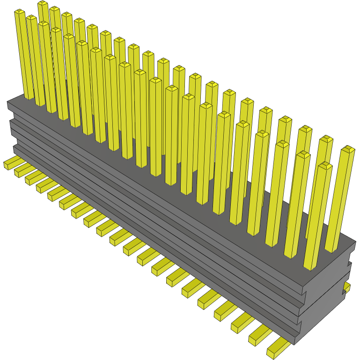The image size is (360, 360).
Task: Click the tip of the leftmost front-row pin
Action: (x=19, y=12)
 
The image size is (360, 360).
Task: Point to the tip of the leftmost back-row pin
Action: (x=43, y=4)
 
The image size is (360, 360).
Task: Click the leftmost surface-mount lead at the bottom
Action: (x=9, y=164)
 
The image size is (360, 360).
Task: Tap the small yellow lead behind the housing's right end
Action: (x=347, y=287)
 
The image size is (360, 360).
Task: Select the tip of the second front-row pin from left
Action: (x=31, y=18)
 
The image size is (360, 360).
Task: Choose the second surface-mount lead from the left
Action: (x=21, y=171)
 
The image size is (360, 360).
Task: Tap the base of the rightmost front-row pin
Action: (x=309, y=267)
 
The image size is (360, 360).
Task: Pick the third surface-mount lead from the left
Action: (x=32, y=179)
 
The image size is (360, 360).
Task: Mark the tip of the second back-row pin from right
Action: (x=326, y=139)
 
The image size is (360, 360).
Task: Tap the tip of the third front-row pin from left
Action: (x=44, y=24)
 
